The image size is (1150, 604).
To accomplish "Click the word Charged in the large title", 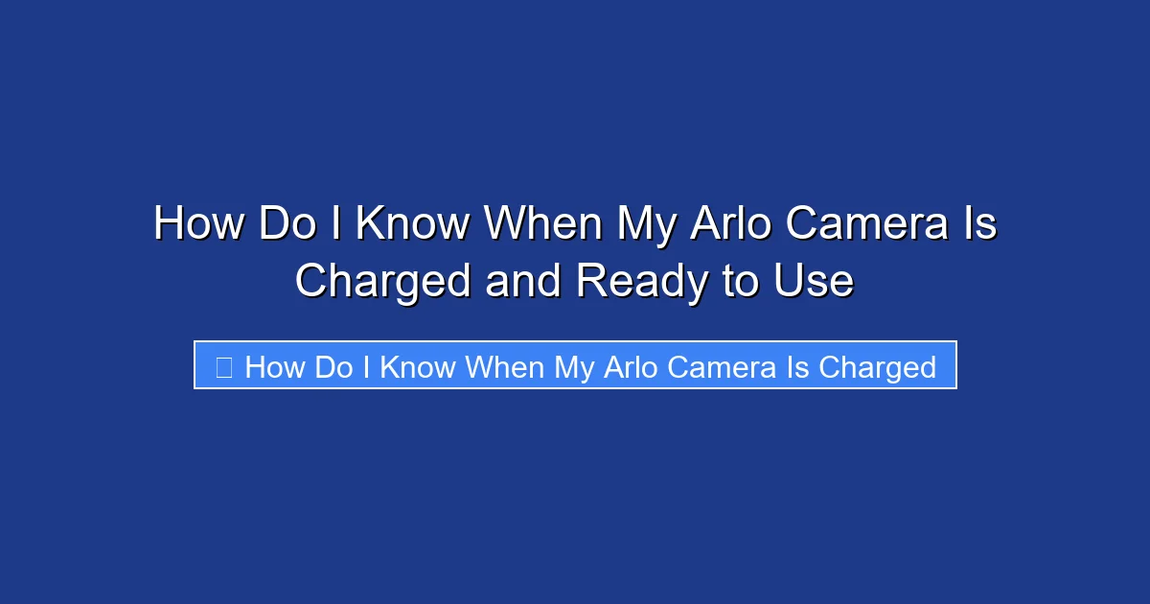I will [x=382, y=282].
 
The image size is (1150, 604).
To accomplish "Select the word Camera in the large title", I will [x=864, y=225].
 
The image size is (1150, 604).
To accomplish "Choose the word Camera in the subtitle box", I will [x=725, y=367].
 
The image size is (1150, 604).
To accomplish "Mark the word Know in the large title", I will [x=412, y=225].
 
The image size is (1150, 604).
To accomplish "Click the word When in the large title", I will [x=541, y=225].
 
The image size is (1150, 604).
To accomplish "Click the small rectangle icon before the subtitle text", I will [x=223, y=367].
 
